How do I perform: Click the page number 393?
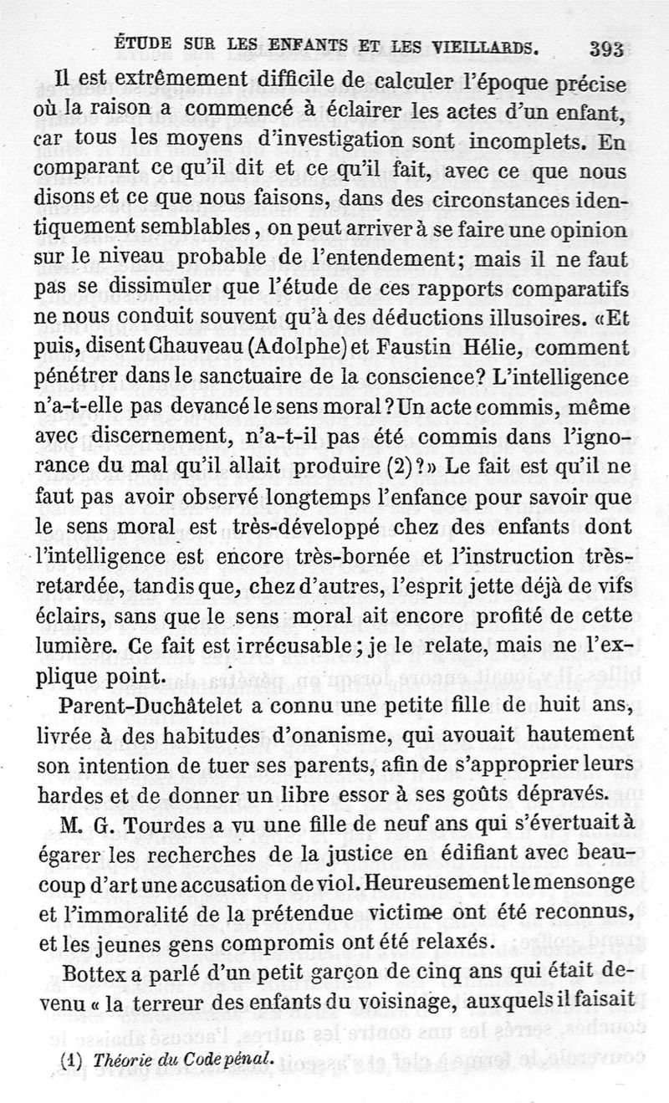point(606,49)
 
